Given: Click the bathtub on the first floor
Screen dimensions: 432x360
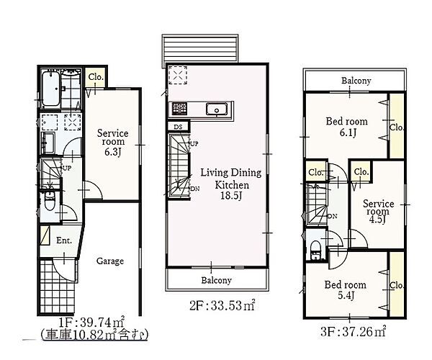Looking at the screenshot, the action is click(x=51, y=89).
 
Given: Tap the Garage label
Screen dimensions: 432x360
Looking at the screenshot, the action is click(x=110, y=261).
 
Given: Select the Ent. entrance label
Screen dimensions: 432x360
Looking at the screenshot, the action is click(x=64, y=240).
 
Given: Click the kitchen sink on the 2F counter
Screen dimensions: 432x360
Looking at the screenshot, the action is click(x=216, y=109).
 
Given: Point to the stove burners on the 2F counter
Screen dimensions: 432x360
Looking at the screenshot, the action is click(x=179, y=109).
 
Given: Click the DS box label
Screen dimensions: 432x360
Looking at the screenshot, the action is click(x=179, y=127).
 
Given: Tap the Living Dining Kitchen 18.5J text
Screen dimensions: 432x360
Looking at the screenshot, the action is click(x=231, y=184).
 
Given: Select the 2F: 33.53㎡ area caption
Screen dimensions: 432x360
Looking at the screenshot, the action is click(x=222, y=305).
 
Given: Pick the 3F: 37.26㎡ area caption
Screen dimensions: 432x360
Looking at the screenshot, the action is click(x=354, y=332).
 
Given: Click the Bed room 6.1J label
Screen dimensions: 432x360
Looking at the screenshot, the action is click(x=346, y=127).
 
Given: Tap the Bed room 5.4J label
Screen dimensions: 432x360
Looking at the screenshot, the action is click(x=345, y=290).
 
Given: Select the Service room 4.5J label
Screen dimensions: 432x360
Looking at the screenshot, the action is click(x=378, y=212).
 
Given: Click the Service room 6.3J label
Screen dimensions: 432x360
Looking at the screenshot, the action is click(x=113, y=142).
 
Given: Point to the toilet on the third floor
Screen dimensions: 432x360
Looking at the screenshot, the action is click(x=315, y=250).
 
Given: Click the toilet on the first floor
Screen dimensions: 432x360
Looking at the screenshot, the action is click(x=50, y=201).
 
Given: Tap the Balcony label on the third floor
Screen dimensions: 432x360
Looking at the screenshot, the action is click(x=356, y=81).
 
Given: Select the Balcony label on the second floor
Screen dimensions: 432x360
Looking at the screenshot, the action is click(x=216, y=280).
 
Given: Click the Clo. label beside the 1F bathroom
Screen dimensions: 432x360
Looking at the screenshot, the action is click(x=96, y=77).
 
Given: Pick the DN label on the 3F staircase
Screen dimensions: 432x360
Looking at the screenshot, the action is click(x=333, y=216).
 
